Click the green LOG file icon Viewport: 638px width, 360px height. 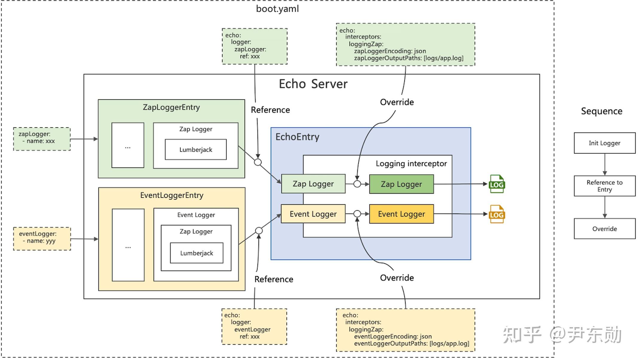point(497,184)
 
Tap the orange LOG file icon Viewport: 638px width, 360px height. point(497,214)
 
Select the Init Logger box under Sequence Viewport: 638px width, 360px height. point(605,143)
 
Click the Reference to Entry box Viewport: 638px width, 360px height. point(605,186)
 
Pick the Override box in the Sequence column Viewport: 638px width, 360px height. point(605,229)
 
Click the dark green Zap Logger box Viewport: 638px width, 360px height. point(401,184)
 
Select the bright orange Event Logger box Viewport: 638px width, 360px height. point(401,214)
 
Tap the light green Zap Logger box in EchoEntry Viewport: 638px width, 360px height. point(313,184)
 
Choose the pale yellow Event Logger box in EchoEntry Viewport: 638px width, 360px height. point(313,214)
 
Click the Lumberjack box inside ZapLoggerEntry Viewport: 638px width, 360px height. point(196,149)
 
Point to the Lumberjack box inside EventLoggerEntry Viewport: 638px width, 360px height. point(197,253)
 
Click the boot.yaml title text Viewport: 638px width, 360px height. point(277,9)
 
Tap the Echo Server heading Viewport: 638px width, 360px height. point(313,84)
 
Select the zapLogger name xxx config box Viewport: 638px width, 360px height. point(42,139)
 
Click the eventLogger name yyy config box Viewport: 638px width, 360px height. point(42,239)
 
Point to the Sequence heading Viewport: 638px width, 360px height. point(602,111)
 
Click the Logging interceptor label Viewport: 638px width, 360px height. point(411,163)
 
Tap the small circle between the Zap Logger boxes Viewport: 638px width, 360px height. point(357,184)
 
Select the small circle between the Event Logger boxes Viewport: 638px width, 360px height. point(357,214)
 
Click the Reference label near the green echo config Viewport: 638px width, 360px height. point(270,110)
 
